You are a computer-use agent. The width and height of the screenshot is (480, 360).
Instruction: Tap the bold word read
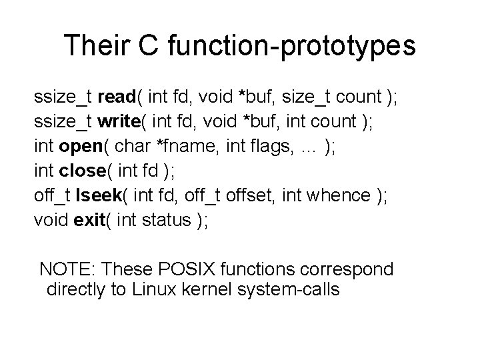(x=117, y=98)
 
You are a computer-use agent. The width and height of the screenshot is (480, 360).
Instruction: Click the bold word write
(x=118, y=123)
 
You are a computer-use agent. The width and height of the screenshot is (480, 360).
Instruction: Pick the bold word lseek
(x=95, y=197)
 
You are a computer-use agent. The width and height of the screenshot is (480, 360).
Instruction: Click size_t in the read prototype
(x=306, y=98)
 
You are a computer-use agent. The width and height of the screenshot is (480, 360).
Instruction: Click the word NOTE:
(x=67, y=270)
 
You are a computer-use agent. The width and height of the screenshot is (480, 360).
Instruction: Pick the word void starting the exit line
(x=50, y=221)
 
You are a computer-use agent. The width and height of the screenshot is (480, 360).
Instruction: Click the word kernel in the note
(x=209, y=290)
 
